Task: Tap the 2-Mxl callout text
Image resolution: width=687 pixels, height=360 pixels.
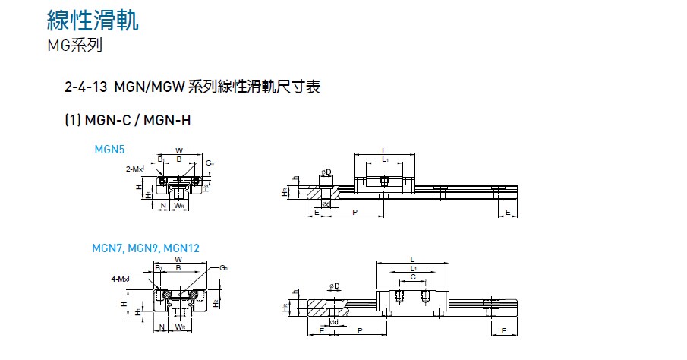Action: [135, 168]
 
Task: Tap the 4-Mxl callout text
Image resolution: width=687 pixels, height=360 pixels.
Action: [120, 279]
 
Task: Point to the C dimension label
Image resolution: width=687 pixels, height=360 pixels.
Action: [412, 278]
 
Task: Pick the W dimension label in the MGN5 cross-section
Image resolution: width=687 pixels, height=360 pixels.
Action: [179, 150]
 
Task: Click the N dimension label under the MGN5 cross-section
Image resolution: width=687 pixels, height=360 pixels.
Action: [163, 205]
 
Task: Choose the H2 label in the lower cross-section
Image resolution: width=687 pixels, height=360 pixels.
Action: [216, 303]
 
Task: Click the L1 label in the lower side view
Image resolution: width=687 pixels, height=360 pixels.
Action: [412, 268]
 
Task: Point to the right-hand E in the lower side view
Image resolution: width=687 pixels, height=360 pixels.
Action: [503, 330]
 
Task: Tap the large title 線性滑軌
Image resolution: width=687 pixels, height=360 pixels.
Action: [93, 20]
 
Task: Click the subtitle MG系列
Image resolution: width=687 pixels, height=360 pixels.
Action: [74, 45]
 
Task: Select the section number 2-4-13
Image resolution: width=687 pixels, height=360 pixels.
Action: [86, 87]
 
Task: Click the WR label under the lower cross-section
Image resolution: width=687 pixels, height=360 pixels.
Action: [180, 327]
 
